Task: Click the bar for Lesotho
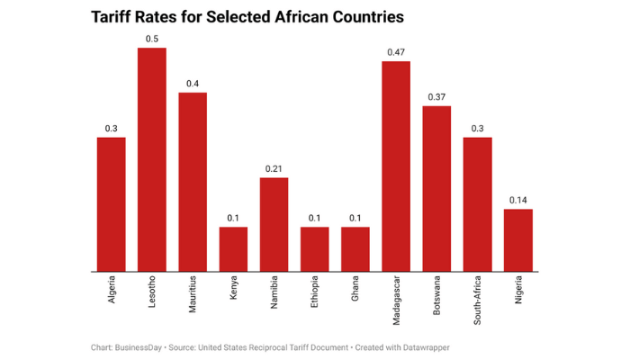pos(152,159)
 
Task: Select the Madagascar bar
pos(396,166)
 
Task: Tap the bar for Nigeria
pos(517,239)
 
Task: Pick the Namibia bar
pos(274,224)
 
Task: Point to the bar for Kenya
pos(233,248)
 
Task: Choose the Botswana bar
pos(436,188)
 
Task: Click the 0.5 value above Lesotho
pos(152,39)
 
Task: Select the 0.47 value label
pos(396,52)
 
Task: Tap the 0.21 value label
pos(274,168)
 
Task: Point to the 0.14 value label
pos(517,200)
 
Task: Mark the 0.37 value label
pos(436,96)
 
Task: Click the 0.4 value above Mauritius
pos(193,84)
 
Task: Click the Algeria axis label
pos(112,293)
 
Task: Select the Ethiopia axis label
pos(315,295)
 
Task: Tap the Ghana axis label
pos(355,292)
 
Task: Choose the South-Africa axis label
pos(477,301)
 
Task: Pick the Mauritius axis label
pos(193,297)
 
